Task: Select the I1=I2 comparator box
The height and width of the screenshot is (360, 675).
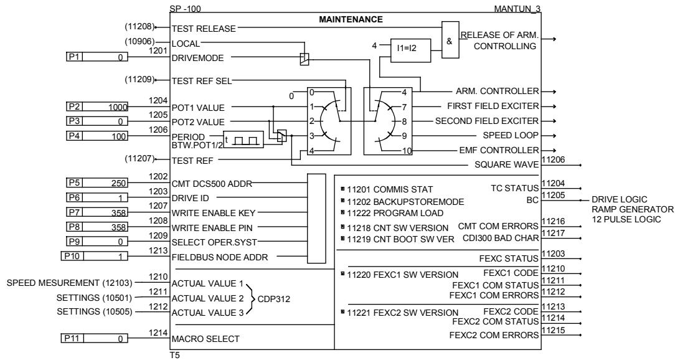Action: click(406, 46)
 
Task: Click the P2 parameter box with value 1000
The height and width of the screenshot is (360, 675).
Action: click(97, 107)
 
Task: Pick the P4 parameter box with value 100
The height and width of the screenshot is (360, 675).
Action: click(97, 136)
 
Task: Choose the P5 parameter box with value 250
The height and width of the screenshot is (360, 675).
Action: click(97, 182)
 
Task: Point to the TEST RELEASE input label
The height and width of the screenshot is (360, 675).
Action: click(203, 28)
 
